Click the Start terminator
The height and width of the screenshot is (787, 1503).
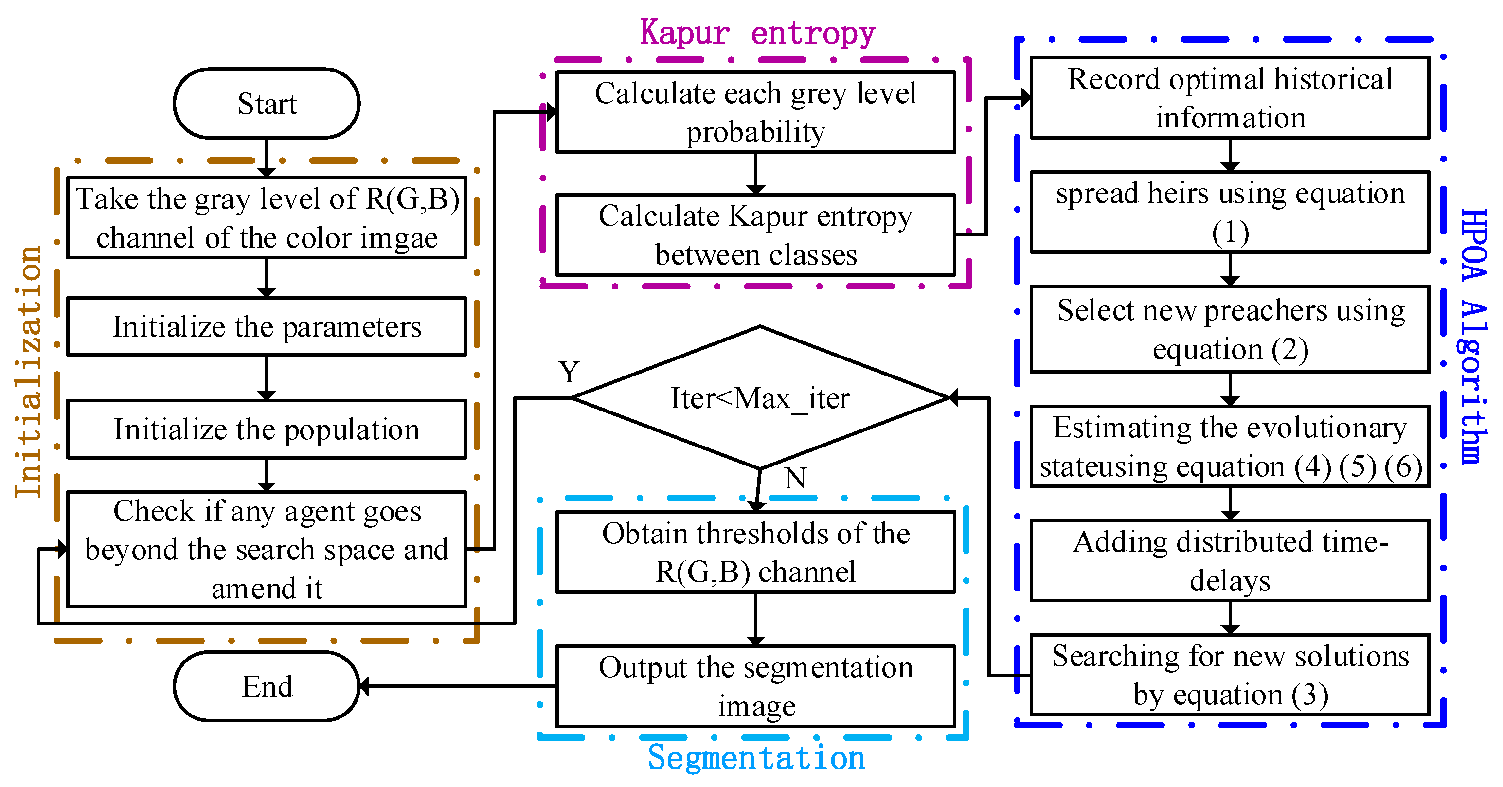[267, 104]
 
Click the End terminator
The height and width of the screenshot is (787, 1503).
[267, 686]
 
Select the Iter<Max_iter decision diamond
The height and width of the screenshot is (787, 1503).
[760, 398]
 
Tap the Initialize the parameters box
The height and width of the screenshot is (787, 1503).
[267, 327]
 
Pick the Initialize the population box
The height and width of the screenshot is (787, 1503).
[267, 429]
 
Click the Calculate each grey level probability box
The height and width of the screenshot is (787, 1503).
[755, 112]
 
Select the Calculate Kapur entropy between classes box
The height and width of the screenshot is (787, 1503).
[755, 235]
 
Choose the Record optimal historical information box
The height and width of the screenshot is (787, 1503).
[1230, 98]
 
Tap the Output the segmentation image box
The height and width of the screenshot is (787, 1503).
[755, 686]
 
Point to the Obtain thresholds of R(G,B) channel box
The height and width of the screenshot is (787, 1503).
[755, 552]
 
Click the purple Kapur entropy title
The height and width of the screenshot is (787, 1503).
[757, 33]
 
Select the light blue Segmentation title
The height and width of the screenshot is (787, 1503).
[756, 757]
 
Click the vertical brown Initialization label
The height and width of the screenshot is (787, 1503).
[28, 372]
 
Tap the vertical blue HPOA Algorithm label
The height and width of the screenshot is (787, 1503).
[1473, 336]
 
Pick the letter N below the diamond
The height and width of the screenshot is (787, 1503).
[795, 479]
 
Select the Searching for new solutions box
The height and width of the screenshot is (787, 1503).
[1230, 675]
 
